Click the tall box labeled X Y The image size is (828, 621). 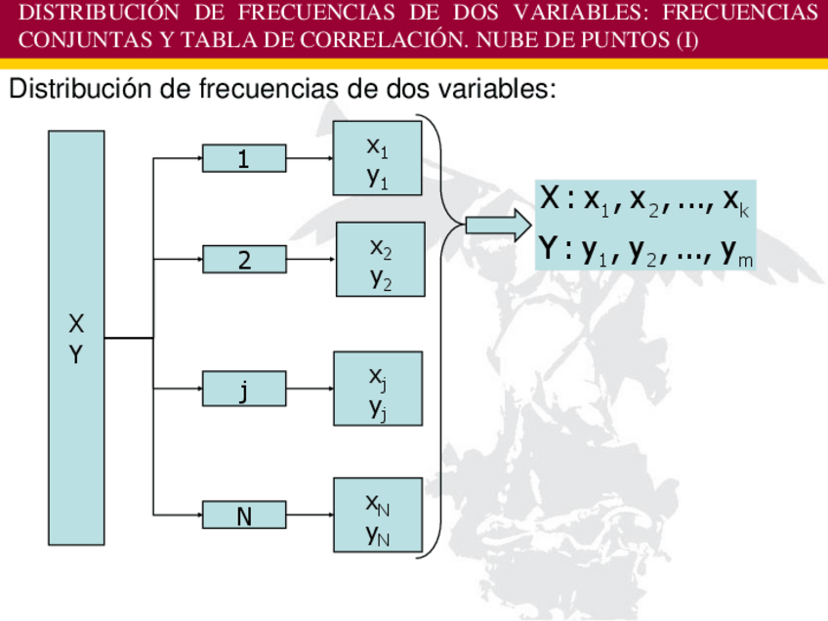tap(76, 338)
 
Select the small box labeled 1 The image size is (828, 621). tap(244, 158)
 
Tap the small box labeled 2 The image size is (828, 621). tap(244, 260)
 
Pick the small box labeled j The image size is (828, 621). tap(244, 391)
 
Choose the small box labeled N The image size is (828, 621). tap(244, 515)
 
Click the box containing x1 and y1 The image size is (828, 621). tap(378, 159)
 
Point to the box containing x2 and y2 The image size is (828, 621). tap(380, 260)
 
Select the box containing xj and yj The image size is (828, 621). tap(378, 389)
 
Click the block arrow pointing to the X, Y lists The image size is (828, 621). tap(496, 227)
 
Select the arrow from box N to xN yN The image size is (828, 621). tap(310, 515)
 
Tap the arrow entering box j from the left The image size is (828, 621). tap(179, 391)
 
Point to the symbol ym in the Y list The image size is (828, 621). tap(737, 254)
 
